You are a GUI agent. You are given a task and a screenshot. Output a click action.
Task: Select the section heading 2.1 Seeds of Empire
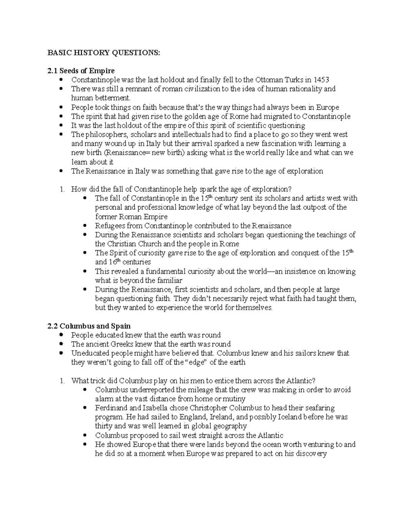tap(81, 71)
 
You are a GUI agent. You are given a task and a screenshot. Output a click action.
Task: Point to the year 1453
tap(321, 80)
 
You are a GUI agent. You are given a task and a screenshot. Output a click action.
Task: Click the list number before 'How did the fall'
tap(62, 189)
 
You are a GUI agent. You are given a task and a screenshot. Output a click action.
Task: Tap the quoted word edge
tap(194, 362)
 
